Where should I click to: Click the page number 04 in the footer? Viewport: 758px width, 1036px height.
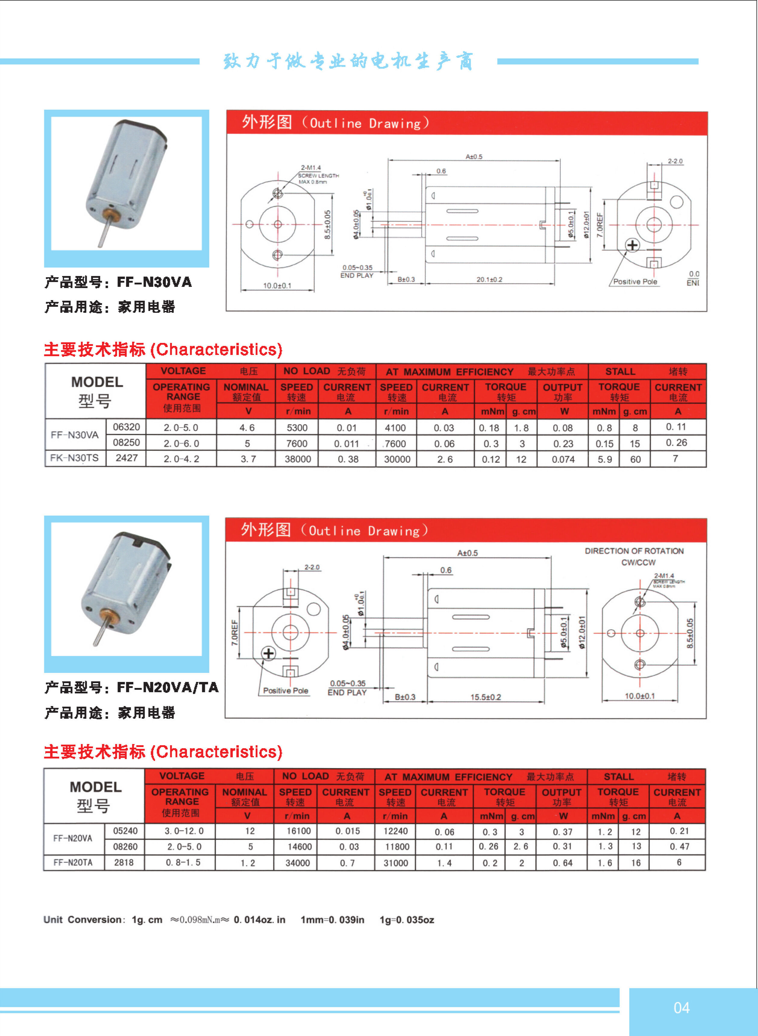pos(681,1008)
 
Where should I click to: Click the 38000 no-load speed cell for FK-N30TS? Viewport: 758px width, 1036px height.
pos(298,459)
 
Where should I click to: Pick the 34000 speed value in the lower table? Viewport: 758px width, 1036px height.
pos(297,862)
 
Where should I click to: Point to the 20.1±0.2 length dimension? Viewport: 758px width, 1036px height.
pos(489,279)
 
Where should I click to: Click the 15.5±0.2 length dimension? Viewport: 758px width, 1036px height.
pos(485,697)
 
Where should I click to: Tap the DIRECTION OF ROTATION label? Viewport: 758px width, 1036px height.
pos(634,551)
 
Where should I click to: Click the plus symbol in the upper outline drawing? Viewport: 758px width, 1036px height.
pos(633,246)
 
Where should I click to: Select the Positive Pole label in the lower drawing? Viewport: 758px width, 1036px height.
pos(285,690)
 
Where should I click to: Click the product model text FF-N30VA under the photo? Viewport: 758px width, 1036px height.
pos(154,282)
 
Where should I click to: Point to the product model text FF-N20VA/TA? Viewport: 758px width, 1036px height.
pos(168,687)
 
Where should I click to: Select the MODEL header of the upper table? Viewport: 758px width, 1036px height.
pos(97,382)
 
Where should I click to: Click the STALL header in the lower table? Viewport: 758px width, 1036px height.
pos(619,776)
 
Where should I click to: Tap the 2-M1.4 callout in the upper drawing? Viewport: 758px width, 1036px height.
pos(311,168)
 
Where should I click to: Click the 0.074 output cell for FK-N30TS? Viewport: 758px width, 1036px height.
pos(563,459)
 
